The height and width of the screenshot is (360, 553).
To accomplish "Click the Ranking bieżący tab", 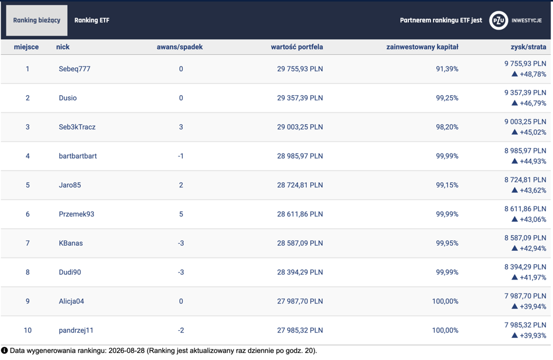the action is click(x=37, y=20).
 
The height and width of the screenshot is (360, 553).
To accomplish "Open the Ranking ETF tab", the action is click(x=92, y=20).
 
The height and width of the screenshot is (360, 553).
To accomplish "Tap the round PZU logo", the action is click(x=498, y=20).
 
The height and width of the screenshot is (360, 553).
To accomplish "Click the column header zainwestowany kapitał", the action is click(x=422, y=47).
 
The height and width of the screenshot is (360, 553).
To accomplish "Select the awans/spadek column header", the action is click(x=180, y=47).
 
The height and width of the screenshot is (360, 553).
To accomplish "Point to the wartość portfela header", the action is click(x=296, y=47).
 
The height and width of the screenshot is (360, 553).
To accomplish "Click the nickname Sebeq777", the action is click(x=75, y=69).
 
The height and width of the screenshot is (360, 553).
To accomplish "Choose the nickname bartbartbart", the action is click(x=78, y=156).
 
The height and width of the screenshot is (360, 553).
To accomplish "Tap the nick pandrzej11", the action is click(x=76, y=330).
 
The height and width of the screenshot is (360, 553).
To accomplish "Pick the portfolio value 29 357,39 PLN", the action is click(x=300, y=98).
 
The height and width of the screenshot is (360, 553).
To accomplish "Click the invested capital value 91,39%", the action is click(x=447, y=69).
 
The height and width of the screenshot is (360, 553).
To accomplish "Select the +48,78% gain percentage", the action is click(x=533, y=74).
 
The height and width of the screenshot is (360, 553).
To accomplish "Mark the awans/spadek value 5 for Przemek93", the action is click(x=181, y=214).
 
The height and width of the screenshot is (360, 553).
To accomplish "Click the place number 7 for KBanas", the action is click(x=27, y=243).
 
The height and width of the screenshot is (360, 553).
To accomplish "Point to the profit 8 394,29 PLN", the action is click(x=525, y=267).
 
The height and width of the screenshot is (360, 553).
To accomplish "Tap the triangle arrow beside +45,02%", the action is click(x=514, y=132).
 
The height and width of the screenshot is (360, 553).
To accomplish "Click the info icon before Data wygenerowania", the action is click(x=4, y=351).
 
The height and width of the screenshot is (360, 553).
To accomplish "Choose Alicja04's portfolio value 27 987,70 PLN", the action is click(x=300, y=301).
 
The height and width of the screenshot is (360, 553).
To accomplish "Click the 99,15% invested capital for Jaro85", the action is click(x=447, y=185).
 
